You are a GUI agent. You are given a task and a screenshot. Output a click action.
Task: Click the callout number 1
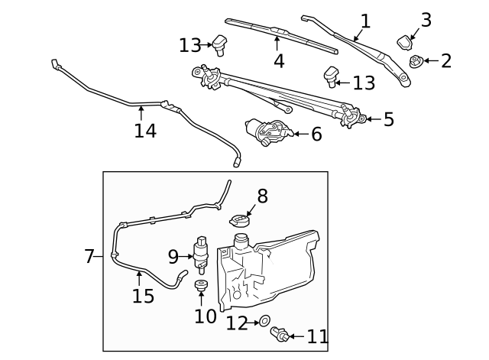coord(365,21)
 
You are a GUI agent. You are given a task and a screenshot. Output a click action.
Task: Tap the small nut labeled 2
coord(416,61)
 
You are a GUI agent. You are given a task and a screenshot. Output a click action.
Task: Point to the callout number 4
coord(278,60)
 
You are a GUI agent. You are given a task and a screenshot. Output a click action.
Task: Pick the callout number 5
coord(388,119)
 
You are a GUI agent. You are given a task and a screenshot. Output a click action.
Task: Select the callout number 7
coord(89,257)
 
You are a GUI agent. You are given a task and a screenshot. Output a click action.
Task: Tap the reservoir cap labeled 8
coord(240,221)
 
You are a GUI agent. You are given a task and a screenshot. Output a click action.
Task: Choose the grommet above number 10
coord(202,287)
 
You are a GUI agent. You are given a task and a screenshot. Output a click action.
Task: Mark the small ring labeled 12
coord(264,323)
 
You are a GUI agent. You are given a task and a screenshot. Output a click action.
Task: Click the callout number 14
coord(145,131)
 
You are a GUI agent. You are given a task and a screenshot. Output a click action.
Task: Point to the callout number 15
coord(143,296)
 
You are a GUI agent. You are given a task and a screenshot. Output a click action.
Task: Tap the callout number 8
coord(262,196)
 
